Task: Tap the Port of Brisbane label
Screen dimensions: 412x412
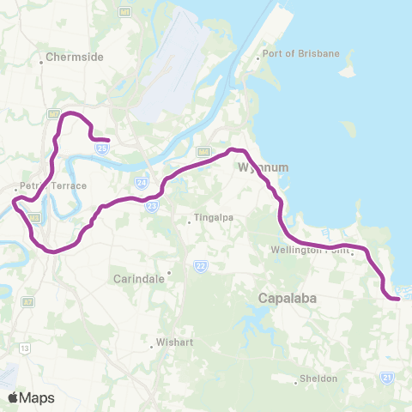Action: (302, 53)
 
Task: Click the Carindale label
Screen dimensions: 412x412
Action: (137, 279)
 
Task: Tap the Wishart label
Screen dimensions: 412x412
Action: (173, 346)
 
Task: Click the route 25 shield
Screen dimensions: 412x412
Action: (102, 148)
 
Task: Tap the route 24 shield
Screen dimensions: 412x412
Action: (139, 182)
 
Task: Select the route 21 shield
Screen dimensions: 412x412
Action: (387, 376)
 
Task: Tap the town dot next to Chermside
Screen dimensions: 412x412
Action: (41, 62)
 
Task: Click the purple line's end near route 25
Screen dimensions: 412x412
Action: (108, 140)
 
